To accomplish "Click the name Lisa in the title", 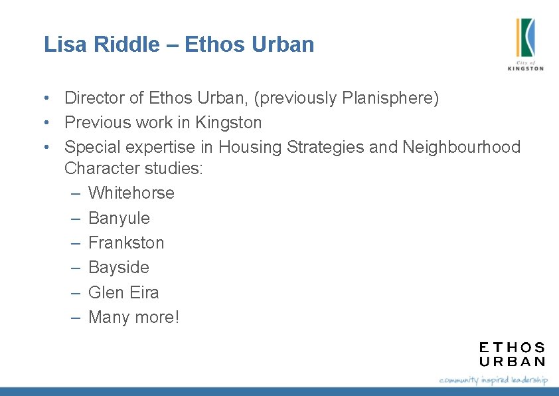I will pyautogui.click(x=61, y=45).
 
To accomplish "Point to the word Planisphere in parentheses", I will pyautogui.click(x=388, y=98).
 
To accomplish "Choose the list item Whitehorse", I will pyautogui.click(x=131, y=193).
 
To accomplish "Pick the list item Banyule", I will pyautogui.click(x=119, y=218).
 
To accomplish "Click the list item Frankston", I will pyautogui.click(x=126, y=243).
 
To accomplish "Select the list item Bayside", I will pyautogui.click(x=118, y=268).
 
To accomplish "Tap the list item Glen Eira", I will pyautogui.click(x=123, y=292).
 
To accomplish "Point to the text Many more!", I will pyautogui.click(x=133, y=318).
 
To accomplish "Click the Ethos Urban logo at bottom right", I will pyautogui.click(x=512, y=354).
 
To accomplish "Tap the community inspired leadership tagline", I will pyautogui.click(x=493, y=380).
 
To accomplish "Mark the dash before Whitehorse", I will pyautogui.click(x=76, y=193).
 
